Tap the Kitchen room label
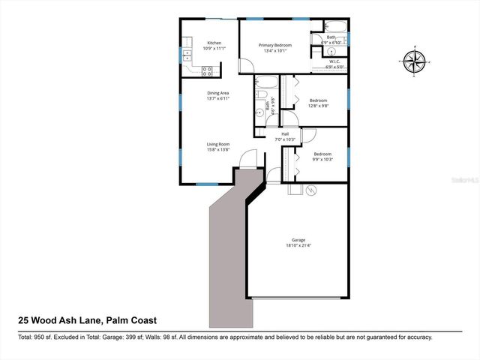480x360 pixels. [x=214, y=43]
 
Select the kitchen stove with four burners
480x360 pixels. [x=208, y=70]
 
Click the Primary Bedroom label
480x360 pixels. [x=275, y=46]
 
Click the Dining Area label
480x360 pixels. [x=218, y=93]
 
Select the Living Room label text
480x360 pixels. [x=218, y=144]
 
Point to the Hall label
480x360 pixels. [x=285, y=135]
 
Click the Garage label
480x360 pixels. [x=298, y=240]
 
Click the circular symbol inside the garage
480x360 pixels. [x=312, y=190]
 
